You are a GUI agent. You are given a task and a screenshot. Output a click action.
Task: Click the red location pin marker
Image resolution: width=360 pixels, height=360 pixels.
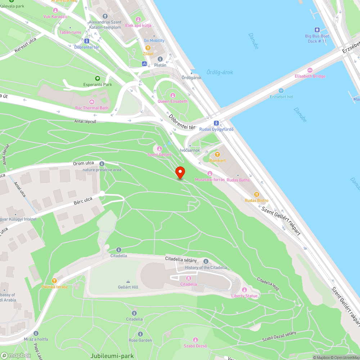click(x=180, y=172)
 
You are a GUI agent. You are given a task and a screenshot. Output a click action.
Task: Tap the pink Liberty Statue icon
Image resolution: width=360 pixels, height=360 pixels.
click(x=244, y=290)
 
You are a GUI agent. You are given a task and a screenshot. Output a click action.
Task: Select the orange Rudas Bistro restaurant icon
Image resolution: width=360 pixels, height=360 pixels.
click(x=257, y=194)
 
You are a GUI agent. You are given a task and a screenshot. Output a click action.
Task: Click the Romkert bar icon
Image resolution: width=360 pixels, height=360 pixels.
click(x=217, y=154)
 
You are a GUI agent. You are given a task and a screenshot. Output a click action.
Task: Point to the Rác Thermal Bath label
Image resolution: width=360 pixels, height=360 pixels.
click(x=91, y=108)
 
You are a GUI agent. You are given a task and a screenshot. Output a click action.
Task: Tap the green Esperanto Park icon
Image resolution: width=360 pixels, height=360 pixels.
click(x=97, y=78)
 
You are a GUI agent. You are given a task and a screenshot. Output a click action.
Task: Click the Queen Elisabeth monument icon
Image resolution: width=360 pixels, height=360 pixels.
click(x=172, y=95)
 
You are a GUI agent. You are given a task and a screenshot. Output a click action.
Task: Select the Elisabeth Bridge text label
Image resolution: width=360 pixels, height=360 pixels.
click(x=310, y=76)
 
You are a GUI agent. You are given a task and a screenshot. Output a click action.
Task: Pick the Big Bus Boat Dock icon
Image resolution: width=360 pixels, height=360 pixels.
click(x=317, y=30)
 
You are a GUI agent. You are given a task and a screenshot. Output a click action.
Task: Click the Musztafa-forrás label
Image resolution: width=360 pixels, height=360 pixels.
click(x=210, y=179)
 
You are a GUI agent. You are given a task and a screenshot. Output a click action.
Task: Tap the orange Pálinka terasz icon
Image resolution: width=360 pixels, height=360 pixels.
click(x=54, y=280)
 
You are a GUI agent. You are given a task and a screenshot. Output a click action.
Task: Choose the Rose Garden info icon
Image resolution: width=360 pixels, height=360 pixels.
click(x=140, y=334)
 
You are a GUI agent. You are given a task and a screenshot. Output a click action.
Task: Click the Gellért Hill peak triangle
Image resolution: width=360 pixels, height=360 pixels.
click(x=128, y=282)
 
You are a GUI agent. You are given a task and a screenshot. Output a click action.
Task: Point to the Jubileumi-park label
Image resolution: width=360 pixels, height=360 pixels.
click(x=112, y=356)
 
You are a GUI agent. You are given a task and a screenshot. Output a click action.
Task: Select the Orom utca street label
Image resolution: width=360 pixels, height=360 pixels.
click(x=84, y=163)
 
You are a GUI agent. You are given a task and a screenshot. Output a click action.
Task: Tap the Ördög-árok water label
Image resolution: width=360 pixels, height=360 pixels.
click(x=220, y=72)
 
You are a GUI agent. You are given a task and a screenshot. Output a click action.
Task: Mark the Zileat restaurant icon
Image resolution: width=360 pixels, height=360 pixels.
click(x=148, y=48)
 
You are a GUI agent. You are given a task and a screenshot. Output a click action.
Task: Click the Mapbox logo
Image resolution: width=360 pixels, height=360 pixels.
click(x=16, y=355)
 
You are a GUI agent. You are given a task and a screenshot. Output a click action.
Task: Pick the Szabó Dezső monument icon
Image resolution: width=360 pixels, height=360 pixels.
click(x=195, y=339)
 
